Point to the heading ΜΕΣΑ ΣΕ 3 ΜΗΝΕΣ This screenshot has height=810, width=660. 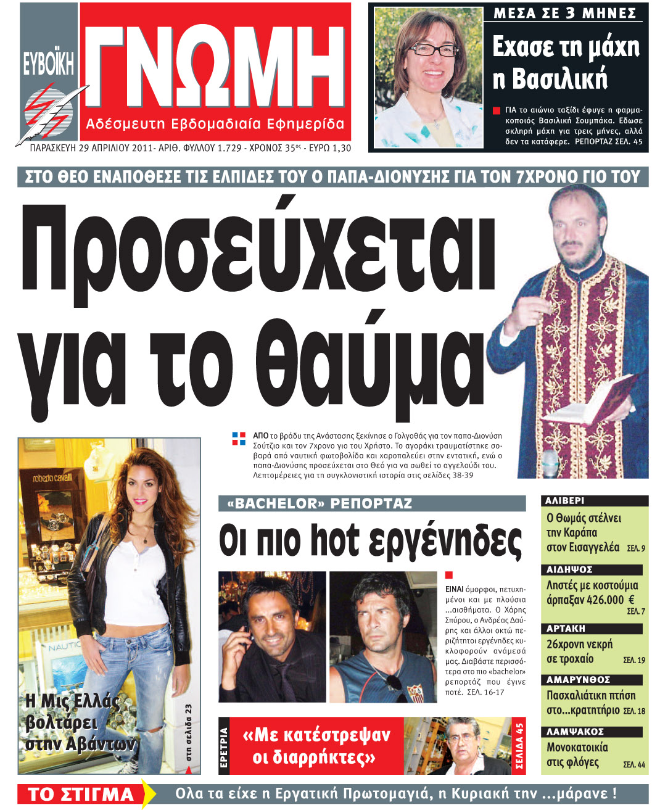[x=564, y=13]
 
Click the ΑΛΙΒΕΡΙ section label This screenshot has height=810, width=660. [x=565, y=501]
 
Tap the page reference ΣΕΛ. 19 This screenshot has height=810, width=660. [x=633, y=660]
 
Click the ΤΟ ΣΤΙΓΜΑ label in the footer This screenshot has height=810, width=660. [x=81, y=794]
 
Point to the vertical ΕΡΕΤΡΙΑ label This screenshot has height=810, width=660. [x=224, y=747]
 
